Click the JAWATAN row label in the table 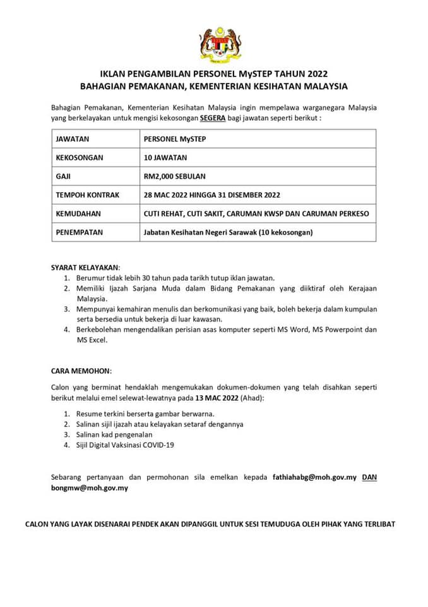pos(73,138)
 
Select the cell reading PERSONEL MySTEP pos(170,138)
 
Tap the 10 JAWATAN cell pos(165,157)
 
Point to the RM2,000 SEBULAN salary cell pos(175,176)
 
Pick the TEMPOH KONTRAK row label pos(88,195)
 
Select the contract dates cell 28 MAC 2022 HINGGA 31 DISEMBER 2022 pos(212,195)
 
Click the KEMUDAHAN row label pos(78,214)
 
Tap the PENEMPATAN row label pos(80,233)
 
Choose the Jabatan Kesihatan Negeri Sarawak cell pos(228,233)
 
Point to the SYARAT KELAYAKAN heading pos(85,267)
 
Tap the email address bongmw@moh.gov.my pos(90,489)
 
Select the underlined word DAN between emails pos(369,477)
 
